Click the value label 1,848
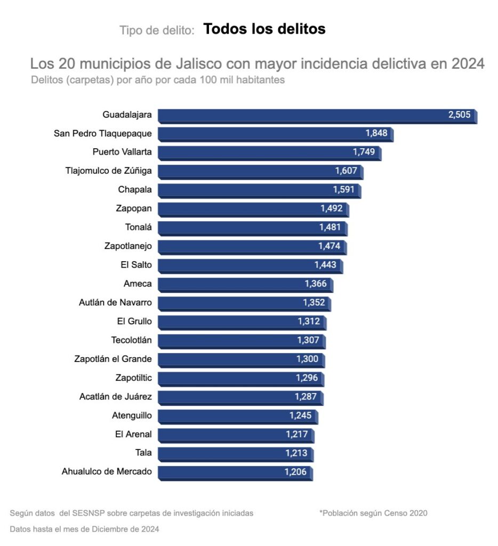point(376,133)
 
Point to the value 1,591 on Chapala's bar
point(344,190)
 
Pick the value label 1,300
point(307,359)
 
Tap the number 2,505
point(460,115)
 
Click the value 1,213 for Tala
point(296,453)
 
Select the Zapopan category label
point(134,208)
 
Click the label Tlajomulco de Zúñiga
point(108,171)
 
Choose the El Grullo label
point(134,321)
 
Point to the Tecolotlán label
point(132,340)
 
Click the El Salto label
point(136,264)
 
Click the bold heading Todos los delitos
point(264,29)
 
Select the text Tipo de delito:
point(157,30)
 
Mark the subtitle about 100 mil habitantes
point(158,81)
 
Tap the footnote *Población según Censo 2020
point(373,513)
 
